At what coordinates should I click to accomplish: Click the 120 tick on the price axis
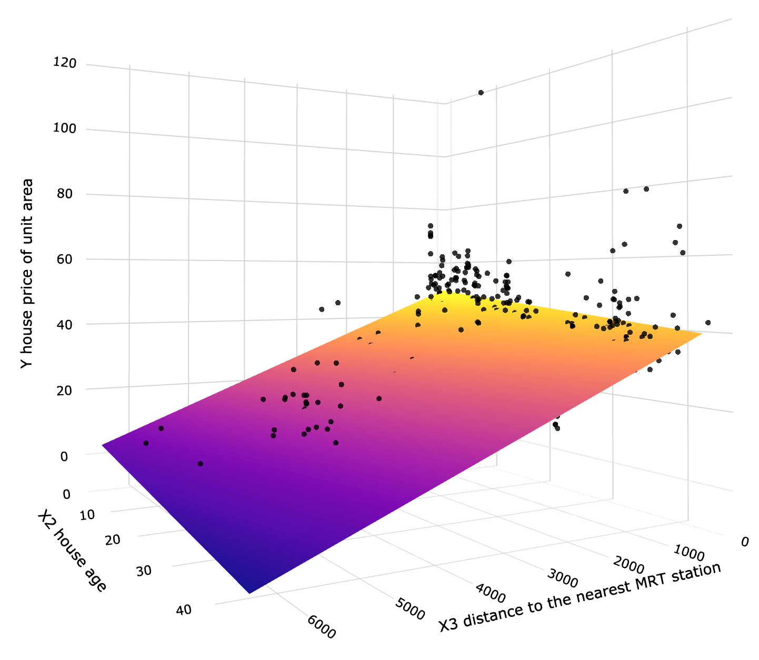[65, 64]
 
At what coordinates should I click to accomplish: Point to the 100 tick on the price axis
[65, 129]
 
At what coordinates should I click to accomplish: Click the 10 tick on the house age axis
[87, 514]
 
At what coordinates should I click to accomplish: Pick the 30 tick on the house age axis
[144, 571]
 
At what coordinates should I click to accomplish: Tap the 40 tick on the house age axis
[184, 610]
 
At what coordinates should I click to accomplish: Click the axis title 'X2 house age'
[72, 551]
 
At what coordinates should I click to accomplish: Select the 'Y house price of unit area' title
[27, 274]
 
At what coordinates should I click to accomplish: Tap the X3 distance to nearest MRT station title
[579, 598]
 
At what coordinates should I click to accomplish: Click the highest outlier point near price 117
[481, 93]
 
